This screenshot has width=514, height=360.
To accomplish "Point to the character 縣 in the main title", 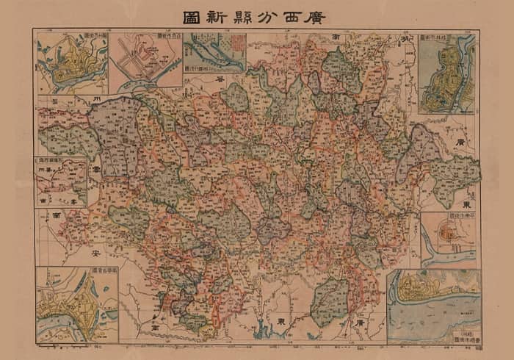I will (x=231, y=15).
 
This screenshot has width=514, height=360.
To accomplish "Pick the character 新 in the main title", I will (x=204, y=15).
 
